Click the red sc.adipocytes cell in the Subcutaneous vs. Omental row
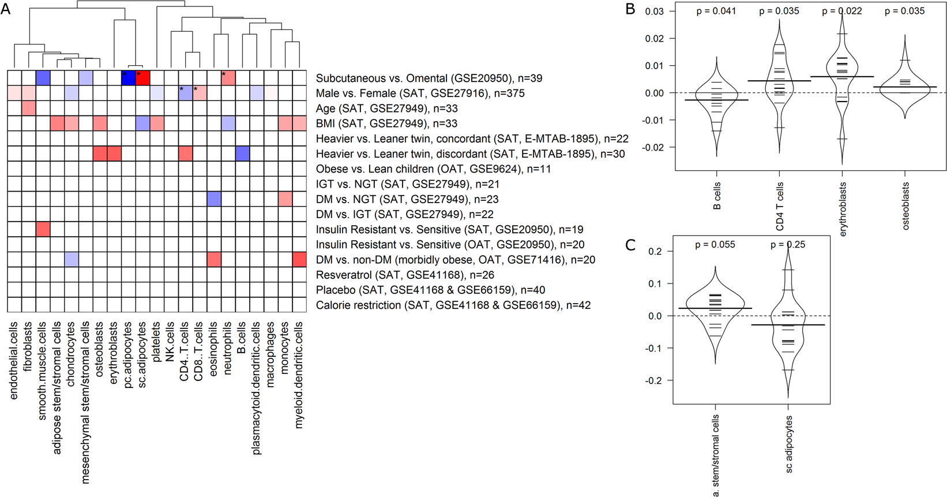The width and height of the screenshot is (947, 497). point(142,78)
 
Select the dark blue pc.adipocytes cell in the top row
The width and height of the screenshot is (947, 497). point(128,78)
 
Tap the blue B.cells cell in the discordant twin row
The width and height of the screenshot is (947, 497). point(242,154)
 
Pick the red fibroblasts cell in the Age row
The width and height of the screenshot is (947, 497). point(29,108)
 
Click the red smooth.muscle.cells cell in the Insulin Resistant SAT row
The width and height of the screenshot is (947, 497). point(43,229)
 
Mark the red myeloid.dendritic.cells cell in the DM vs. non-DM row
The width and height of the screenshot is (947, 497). point(299,259)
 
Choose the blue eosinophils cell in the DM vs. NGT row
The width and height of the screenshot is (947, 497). point(214,199)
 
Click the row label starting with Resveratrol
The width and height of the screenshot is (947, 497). point(405,275)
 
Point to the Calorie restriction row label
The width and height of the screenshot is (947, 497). point(453,305)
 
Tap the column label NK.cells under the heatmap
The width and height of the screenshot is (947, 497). point(170,342)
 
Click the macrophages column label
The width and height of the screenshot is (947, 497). point(270,354)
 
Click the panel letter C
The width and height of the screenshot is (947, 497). point(630,245)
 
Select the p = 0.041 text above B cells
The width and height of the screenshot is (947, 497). point(716,11)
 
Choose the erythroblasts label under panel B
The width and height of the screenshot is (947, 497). point(843,209)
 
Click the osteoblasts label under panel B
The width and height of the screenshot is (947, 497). point(905,206)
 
